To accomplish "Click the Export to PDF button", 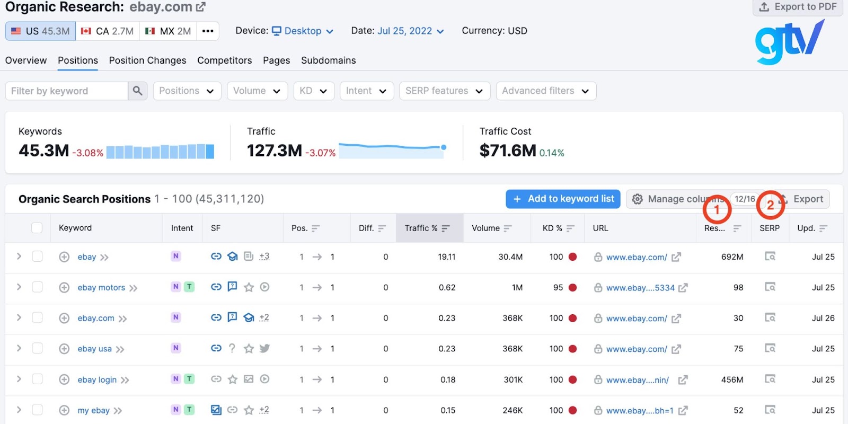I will (798, 7).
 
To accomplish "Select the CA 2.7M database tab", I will (108, 31).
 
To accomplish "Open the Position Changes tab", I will (147, 60).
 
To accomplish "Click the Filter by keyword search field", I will (67, 91).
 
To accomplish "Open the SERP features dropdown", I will (444, 91).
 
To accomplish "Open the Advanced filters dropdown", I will (545, 91).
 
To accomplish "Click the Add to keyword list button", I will (564, 199).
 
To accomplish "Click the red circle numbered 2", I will (770, 205).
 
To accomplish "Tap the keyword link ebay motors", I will (101, 288).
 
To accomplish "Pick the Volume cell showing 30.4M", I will (510, 257).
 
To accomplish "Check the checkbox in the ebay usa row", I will (37, 348).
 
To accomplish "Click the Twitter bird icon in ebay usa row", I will (264, 348).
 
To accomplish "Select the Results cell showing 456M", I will (732, 379).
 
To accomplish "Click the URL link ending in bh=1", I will (640, 411).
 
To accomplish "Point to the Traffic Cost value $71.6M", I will (507, 151).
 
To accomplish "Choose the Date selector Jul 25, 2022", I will (410, 31).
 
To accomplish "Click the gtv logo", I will (789, 42).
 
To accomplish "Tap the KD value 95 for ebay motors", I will (558, 288).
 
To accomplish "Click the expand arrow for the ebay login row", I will (19, 379).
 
